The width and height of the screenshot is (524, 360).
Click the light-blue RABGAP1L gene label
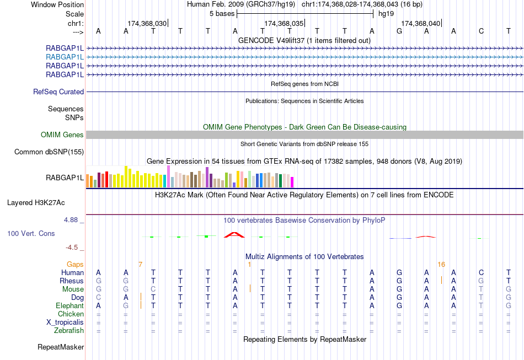pyautogui.click(x=65, y=57)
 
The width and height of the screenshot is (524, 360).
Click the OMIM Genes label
pyautogui.click(x=62, y=135)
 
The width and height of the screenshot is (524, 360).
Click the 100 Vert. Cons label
pyautogui.click(x=31, y=234)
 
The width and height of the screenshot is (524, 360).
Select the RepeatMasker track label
pyautogui.click(x=61, y=347)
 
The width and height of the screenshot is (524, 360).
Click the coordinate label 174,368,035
pyautogui.click(x=284, y=24)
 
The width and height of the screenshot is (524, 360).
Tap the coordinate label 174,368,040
pyautogui.click(x=421, y=24)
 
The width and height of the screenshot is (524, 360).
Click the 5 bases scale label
pyautogui.click(x=222, y=13)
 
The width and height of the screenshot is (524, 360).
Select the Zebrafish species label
pyautogui.click(x=69, y=331)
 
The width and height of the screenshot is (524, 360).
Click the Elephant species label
pyautogui.click(x=69, y=306)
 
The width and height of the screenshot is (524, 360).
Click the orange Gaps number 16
pyautogui.click(x=441, y=265)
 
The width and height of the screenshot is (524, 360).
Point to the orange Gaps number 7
pyautogui.click(x=141, y=265)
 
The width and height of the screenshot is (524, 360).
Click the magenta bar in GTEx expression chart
pyautogui.click(x=292, y=182)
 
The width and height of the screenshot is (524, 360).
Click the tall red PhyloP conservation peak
pyautogui.click(x=234, y=235)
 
